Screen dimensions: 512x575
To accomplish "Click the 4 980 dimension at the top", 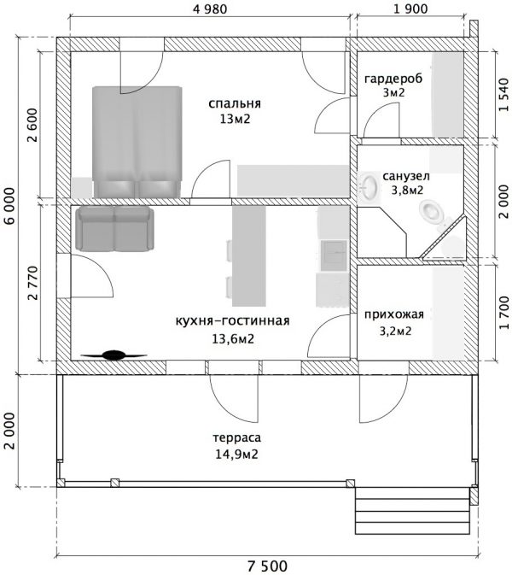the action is point(210,9).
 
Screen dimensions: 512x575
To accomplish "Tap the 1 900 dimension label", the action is point(410,9).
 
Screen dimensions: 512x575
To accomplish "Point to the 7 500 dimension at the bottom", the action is point(267,566).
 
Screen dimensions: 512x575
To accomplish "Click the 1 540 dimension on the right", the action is point(504,94).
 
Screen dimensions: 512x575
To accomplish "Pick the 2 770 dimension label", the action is point(32,283).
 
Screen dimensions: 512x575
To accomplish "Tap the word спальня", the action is point(235,103).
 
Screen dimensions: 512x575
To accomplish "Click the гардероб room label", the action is point(393,79).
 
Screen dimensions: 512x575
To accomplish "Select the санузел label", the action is point(406,176).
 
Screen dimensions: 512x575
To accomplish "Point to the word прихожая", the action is point(394,314).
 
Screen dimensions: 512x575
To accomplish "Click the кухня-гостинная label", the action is point(233,321).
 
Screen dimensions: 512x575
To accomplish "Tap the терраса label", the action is point(237,437).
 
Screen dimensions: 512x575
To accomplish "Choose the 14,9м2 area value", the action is point(236,455).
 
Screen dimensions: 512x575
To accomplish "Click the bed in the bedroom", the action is point(137,143).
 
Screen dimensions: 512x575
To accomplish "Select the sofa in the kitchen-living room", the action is point(114,228).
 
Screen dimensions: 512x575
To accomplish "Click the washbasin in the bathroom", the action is point(369,186).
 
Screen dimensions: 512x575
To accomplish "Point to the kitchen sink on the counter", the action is point(334,255).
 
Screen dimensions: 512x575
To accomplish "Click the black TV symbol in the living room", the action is point(113,355).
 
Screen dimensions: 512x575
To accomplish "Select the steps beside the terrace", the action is point(413,511).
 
